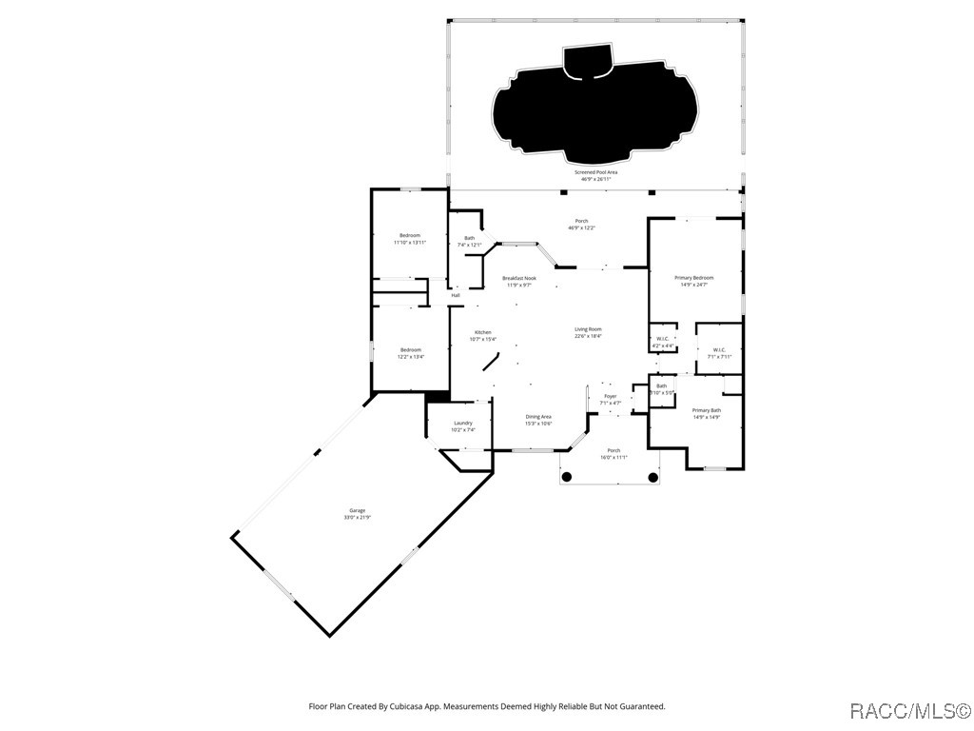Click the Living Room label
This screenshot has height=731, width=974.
tap(588, 332)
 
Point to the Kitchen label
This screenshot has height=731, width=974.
tap(483, 335)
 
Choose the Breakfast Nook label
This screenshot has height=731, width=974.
tap(519, 281)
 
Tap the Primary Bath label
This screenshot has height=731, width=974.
tap(706, 413)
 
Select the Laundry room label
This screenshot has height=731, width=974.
tap(463, 425)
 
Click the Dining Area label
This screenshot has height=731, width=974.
tap(538, 419)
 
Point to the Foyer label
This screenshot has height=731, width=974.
tap(610, 399)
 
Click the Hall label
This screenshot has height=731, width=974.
tap(456, 295)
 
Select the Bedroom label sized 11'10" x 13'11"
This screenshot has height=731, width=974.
tap(410, 238)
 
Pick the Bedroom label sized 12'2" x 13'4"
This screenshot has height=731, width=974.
tap(410, 352)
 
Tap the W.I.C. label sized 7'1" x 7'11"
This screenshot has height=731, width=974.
tap(719, 352)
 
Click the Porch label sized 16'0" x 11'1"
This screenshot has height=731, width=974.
tap(614, 453)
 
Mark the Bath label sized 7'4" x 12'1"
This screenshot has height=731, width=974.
tap(469, 241)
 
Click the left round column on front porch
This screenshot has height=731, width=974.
tap(566, 477)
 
